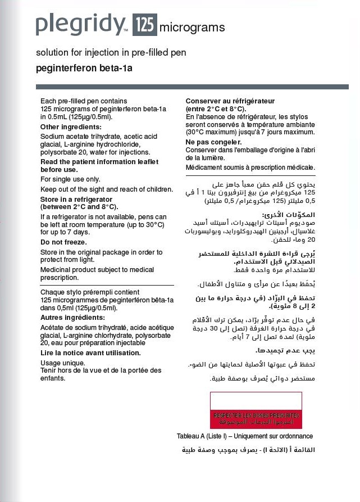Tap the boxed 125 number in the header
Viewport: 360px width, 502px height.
click(x=144, y=25)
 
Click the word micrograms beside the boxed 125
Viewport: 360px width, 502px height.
click(x=192, y=28)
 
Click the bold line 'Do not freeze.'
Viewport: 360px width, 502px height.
click(x=63, y=242)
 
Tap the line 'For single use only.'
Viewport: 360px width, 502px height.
click(x=70, y=179)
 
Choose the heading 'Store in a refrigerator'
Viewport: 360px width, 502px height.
click(x=76, y=200)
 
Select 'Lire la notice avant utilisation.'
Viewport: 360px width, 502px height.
click(x=90, y=353)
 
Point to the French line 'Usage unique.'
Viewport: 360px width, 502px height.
click(x=62, y=363)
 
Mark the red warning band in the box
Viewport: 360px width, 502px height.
click(x=256, y=418)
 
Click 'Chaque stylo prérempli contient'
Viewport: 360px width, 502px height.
click(x=90, y=292)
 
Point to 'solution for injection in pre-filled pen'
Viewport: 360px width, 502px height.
click(x=111, y=53)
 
